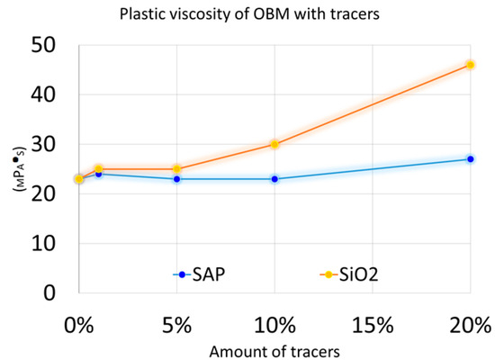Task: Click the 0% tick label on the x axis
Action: point(79,322)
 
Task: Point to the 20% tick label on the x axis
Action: point(470,322)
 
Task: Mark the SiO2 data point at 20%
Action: point(470,65)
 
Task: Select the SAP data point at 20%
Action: point(470,159)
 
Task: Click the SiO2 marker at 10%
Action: point(274,144)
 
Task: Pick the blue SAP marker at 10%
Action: point(274,179)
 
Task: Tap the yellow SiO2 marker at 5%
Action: point(176,169)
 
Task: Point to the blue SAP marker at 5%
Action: point(176,179)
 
